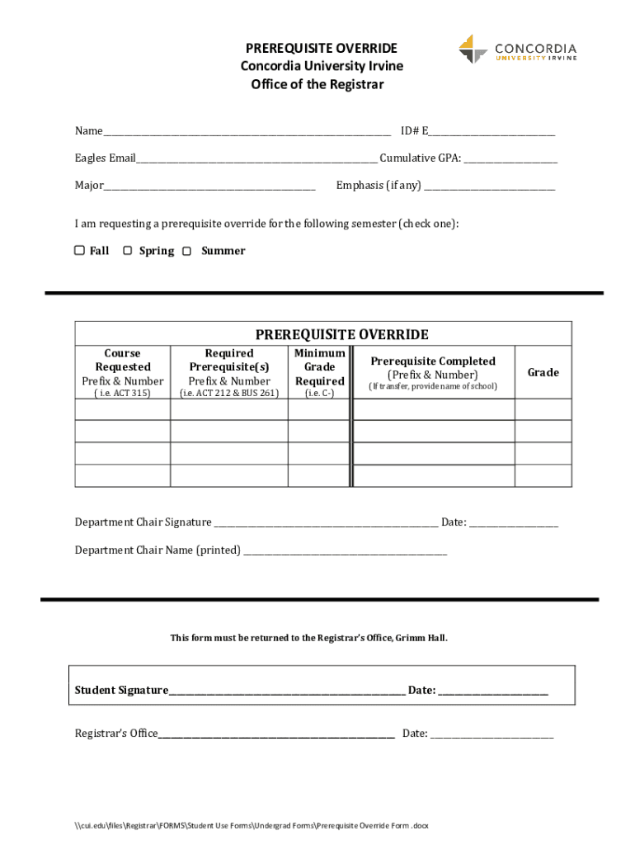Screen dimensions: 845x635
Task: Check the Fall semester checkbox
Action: (79, 250)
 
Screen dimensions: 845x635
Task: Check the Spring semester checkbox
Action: (128, 250)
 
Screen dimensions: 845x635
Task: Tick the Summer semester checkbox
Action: (187, 250)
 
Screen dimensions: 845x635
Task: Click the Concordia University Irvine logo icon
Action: (473, 49)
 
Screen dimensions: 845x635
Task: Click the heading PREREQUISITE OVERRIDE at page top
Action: (321, 49)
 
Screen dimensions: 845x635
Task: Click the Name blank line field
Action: (247, 132)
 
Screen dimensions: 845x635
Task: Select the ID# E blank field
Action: (492, 132)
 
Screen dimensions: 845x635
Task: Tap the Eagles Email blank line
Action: (256, 159)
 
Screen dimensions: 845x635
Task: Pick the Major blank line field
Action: (209, 186)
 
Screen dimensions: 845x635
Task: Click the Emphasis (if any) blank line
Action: (489, 186)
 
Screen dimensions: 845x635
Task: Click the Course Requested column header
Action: (123, 360)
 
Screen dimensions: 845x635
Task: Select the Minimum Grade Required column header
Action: (319, 366)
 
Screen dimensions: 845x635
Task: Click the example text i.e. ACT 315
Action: (123, 393)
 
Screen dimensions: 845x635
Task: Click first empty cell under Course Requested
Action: (123, 409)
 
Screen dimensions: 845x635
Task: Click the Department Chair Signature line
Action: (326, 523)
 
